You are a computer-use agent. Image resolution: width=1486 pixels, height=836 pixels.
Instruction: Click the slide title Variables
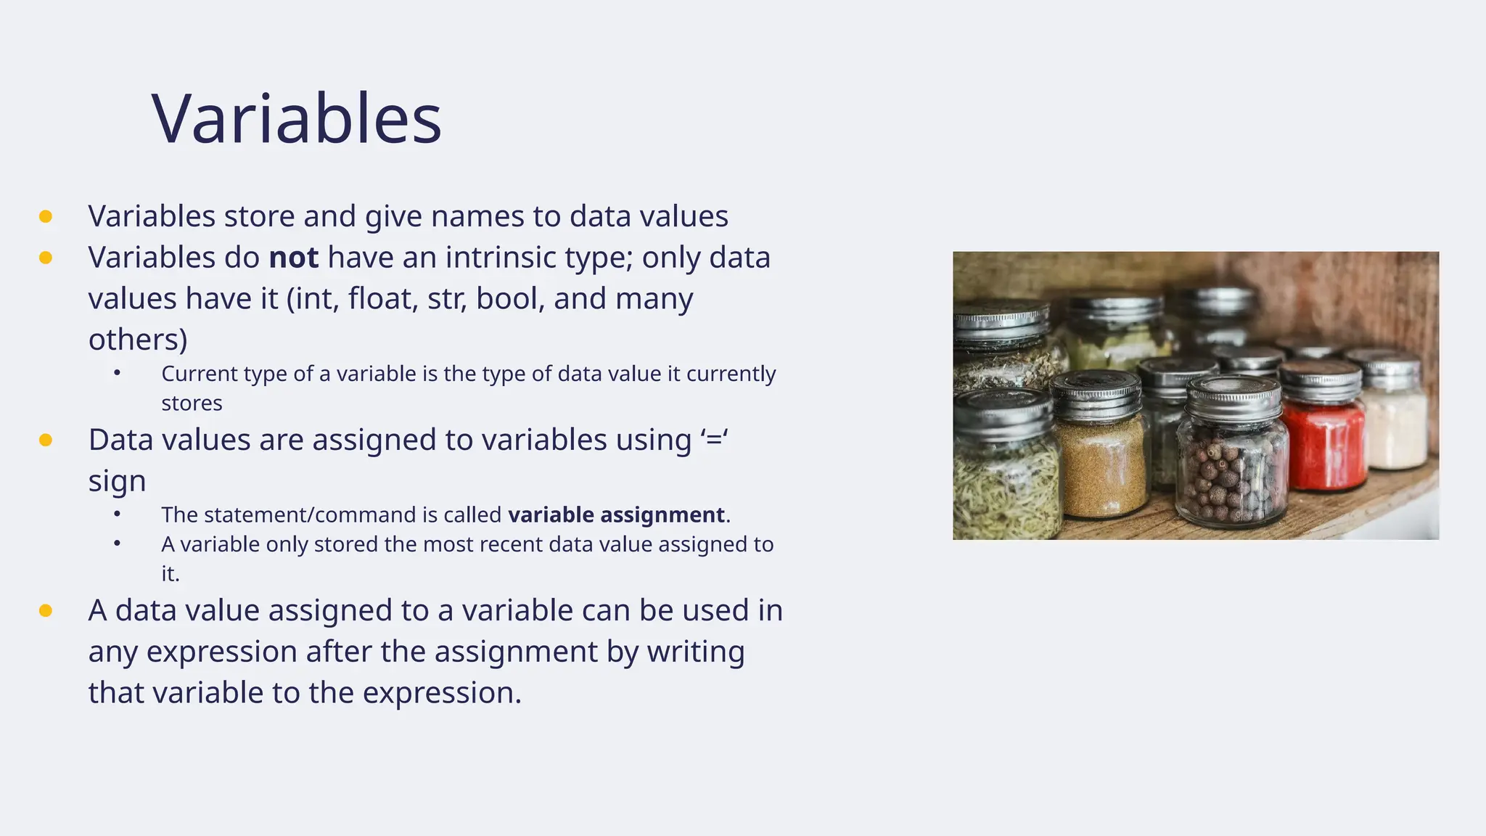click(296, 119)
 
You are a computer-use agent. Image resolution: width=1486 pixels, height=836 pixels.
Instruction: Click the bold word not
click(293, 258)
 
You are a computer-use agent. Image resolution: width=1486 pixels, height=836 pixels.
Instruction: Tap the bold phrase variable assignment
click(616, 515)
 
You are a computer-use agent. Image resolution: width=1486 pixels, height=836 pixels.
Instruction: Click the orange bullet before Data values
click(46, 440)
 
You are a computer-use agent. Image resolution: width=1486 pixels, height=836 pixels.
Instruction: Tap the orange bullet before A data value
click(46, 610)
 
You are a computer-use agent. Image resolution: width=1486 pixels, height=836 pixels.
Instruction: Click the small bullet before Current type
click(118, 373)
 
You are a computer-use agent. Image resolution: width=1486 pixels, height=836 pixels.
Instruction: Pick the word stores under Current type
click(192, 403)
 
